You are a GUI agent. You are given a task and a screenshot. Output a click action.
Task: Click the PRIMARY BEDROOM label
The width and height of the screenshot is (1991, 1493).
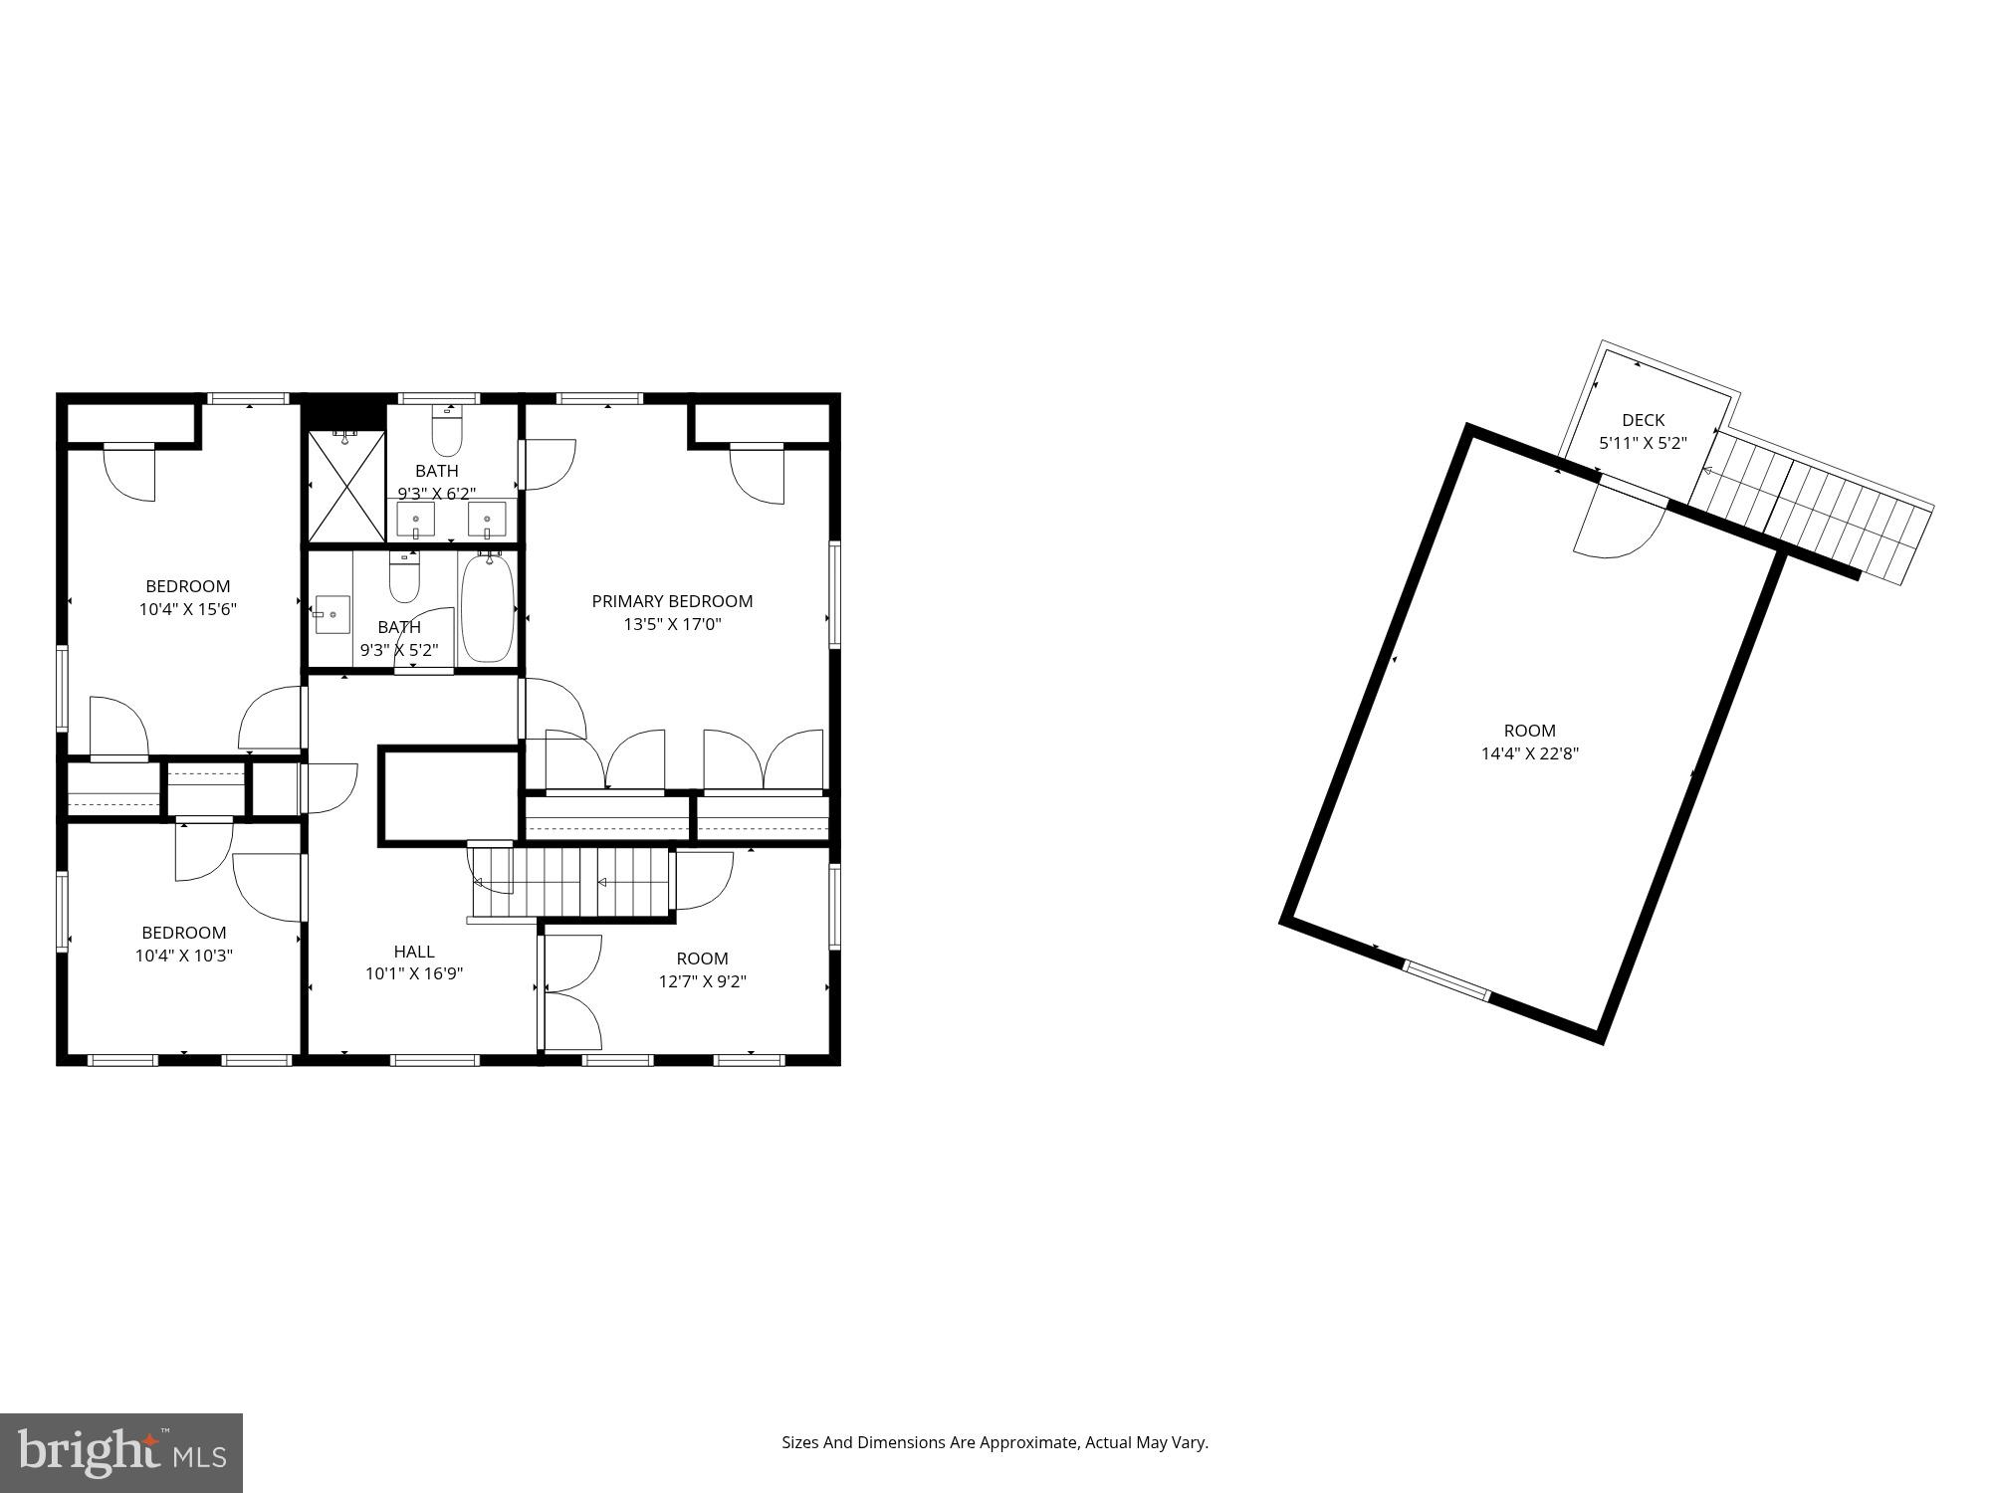click(x=672, y=601)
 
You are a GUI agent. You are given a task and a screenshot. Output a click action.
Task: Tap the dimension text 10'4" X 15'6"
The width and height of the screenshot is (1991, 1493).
click(x=187, y=609)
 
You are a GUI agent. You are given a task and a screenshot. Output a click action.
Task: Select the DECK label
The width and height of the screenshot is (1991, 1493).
click(x=1643, y=420)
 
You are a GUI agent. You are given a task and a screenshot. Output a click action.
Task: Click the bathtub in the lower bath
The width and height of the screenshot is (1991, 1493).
click(x=487, y=608)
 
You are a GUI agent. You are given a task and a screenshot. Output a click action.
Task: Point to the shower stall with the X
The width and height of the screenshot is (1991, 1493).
click(x=345, y=486)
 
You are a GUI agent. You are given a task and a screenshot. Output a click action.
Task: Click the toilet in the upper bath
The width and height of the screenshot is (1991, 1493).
click(x=447, y=432)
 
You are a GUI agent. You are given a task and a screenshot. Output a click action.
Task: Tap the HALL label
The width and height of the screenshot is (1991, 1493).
click(x=413, y=952)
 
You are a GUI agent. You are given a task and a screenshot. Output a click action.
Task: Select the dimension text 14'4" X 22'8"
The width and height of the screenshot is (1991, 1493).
click(x=1529, y=753)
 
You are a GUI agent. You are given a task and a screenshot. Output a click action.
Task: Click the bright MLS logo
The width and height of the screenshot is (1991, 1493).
click(x=120, y=1452)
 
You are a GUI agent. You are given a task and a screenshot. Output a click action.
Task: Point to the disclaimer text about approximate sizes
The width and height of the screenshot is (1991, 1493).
click(x=994, y=1442)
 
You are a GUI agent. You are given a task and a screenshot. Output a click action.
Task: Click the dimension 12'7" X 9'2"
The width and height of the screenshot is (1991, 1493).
click(x=702, y=981)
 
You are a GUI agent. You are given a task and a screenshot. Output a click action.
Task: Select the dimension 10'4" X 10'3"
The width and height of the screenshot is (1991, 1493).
click(x=184, y=956)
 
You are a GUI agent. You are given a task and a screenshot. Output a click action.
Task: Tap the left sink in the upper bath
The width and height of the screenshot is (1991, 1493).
click(x=415, y=520)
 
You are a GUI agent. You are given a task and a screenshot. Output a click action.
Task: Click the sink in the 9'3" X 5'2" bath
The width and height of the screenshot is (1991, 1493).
click(x=332, y=614)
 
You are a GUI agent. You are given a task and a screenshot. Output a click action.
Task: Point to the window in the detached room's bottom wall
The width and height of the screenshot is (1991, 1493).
click(x=1445, y=979)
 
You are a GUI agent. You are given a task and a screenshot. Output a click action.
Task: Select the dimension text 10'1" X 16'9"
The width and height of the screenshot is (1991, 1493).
click(x=413, y=973)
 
